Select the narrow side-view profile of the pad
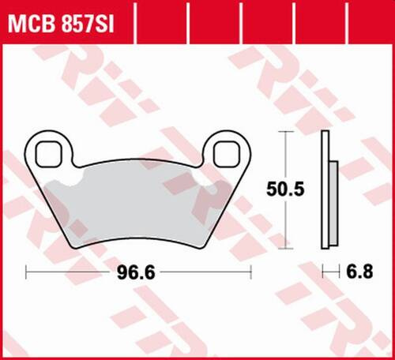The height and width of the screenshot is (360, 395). (x=325, y=189)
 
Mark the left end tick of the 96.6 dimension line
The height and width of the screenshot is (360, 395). (x=27, y=273)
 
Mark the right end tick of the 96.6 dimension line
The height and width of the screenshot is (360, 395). (x=250, y=273)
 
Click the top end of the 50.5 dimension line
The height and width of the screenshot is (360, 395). (x=284, y=132)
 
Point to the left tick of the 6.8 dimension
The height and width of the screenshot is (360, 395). (x=323, y=273)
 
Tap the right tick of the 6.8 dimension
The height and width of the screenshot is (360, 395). (x=338, y=273)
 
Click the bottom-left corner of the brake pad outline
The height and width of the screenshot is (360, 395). (x=77, y=246)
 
